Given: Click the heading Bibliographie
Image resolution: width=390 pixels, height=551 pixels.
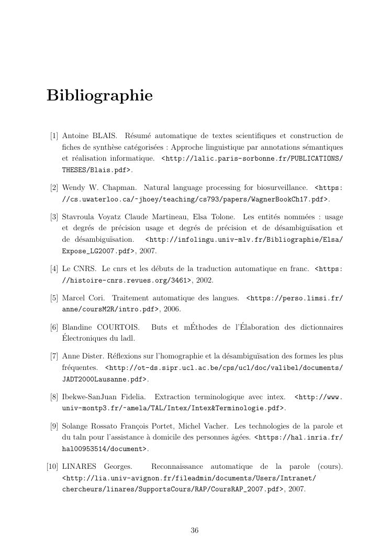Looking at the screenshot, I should [x=99, y=96].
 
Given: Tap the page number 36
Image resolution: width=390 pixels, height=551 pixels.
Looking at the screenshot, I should [x=195, y=530].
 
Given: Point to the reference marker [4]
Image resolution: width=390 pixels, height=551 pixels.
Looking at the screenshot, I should [x=54, y=269].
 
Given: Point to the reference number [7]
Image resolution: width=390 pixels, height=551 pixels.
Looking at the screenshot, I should [x=54, y=357].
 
